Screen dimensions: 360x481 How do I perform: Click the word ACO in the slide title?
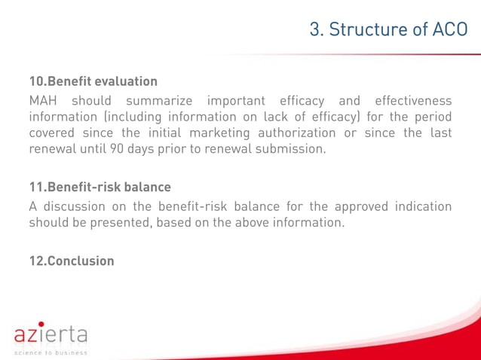click(x=451, y=29)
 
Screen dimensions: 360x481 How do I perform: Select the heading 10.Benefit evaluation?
click(x=93, y=81)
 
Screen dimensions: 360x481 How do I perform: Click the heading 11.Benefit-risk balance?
click(x=100, y=187)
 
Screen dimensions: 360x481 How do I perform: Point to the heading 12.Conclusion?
click(x=72, y=261)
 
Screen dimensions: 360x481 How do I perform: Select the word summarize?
click(x=158, y=101)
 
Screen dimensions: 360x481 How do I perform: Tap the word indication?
click(x=415, y=206)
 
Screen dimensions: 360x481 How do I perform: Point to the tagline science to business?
click(x=51, y=352)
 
